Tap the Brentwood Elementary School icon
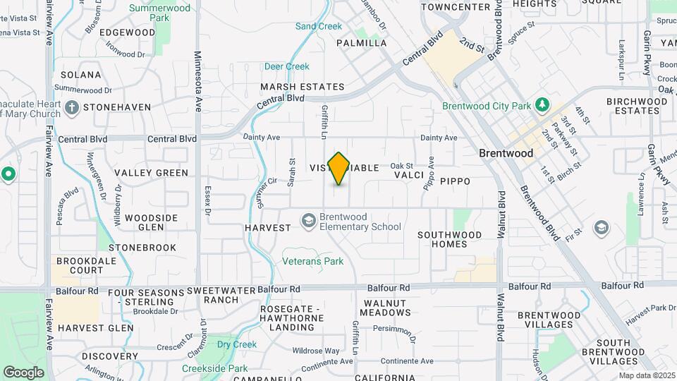point(308,222)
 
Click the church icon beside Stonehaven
point(71,107)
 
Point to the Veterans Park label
point(312,262)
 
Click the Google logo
point(23,372)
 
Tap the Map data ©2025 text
point(647,375)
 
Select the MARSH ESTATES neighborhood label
point(302,87)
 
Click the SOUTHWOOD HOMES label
point(449,239)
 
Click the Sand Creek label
point(319,26)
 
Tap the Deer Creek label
point(286,66)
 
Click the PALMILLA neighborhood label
point(361,43)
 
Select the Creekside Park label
point(214,368)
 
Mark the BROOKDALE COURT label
point(80,265)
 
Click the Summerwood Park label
point(160,13)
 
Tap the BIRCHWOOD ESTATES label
point(637,106)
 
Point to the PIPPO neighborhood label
point(455,181)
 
